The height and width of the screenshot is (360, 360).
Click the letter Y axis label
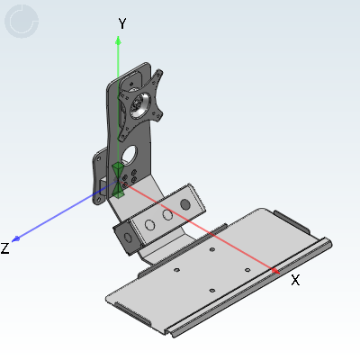(x=122, y=23)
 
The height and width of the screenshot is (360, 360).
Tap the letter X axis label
(x=295, y=281)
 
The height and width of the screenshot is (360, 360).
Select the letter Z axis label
(x=4, y=248)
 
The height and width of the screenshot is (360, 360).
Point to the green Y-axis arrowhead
(x=118, y=40)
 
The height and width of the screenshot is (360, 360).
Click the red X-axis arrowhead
(x=275, y=271)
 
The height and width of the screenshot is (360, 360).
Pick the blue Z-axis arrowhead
(x=16, y=239)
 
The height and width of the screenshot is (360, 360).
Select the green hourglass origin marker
(x=118, y=181)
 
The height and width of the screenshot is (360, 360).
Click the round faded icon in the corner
(x=22, y=22)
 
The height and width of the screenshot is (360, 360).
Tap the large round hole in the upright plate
(x=129, y=155)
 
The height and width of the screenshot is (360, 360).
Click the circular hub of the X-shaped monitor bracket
(x=139, y=105)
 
